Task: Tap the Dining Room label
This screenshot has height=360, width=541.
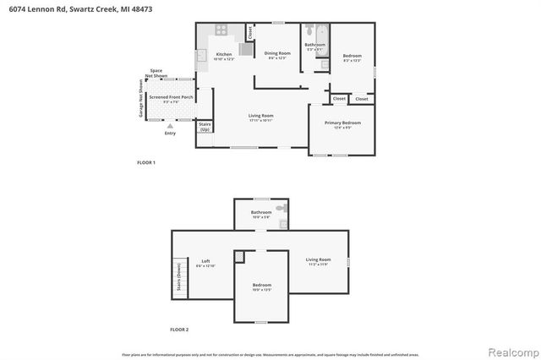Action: pos(271,55)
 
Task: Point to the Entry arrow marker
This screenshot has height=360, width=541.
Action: pos(171,125)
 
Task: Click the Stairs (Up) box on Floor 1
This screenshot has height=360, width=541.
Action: pos(205,128)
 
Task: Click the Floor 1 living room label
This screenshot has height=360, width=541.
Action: pos(260,117)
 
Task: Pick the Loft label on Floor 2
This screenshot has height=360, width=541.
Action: pos(205,263)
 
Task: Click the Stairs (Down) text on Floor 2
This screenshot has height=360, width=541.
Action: pos(178,276)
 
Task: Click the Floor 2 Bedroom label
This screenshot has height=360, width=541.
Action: pos(262,286)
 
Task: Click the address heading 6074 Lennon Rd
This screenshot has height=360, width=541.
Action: pos(55,8)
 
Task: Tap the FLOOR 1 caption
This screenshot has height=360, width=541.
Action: pos(146,161)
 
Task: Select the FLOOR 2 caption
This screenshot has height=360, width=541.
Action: pos(179,329)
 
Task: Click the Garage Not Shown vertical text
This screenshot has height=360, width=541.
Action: pos(142,99)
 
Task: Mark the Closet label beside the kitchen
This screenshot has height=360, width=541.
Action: pos(249,31)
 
